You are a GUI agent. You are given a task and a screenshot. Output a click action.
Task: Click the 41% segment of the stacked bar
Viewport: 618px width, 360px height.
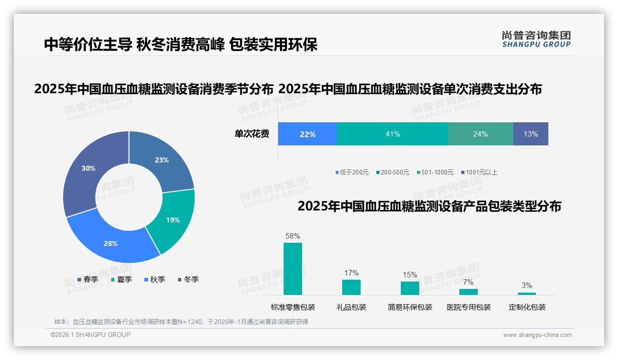[392, 134]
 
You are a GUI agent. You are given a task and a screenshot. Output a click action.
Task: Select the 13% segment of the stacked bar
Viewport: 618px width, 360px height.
[530, 134]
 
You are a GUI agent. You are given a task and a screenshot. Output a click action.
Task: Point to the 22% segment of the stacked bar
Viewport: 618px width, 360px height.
[308, 134]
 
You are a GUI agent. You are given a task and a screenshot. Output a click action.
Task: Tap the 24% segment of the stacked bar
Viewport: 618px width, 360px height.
[480, 134]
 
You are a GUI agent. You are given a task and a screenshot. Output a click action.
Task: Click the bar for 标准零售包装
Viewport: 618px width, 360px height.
[292, 269]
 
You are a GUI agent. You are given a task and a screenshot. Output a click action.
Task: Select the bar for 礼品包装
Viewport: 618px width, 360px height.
[351, 287]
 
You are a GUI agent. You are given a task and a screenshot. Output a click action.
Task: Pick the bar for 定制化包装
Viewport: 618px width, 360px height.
[527, 294]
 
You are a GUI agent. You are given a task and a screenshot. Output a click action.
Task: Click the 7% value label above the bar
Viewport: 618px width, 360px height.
[468, 282]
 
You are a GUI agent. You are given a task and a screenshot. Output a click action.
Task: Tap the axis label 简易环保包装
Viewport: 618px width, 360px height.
[410, 307]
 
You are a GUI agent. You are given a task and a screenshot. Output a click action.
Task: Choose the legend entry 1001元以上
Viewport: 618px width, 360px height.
[481, 172]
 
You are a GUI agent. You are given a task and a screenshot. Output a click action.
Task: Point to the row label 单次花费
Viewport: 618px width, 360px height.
[252, 134]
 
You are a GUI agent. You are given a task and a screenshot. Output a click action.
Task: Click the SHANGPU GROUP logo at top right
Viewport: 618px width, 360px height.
[536, 39]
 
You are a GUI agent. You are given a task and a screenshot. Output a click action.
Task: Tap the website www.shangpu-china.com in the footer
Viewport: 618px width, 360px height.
[537, 335]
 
